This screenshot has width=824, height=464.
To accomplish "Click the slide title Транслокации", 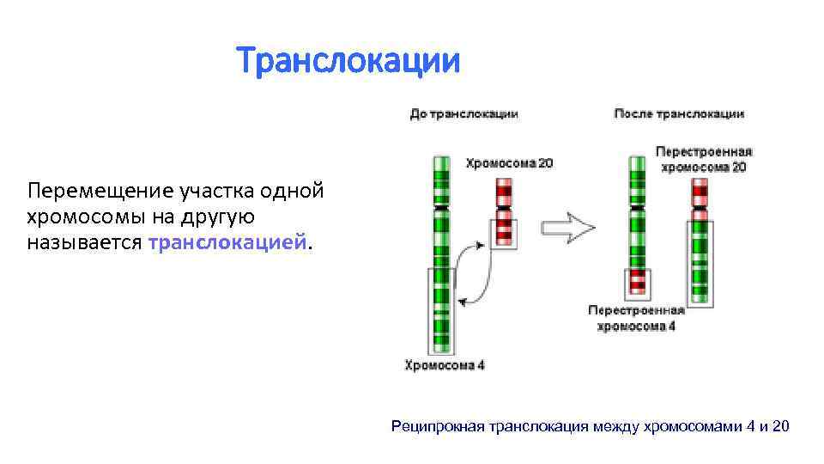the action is pyautogui.click(x=348, y=61).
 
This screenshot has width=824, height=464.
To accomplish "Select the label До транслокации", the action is pyautogui.click(x=463, y=113).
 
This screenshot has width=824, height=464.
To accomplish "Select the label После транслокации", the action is pyautogui.click(x=679, y=113).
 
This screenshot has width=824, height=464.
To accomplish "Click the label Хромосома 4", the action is pyautogui.click(x=445, y=364).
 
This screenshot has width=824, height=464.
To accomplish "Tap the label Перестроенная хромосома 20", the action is pyautogui.click(x=704, y=159).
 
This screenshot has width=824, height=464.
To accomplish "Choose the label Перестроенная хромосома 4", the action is pyautogui.click(x=636, y=318).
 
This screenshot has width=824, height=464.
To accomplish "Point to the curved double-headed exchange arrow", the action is pyautogui.click(x=474, y=273).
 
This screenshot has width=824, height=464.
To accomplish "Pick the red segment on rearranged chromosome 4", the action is pyautogui.click(x=636, y=281).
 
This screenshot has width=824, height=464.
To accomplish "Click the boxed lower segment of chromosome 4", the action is pyautogui.click(x=440, y=309).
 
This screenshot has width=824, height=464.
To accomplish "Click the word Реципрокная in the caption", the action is pyautogui.click(x=438, y=426).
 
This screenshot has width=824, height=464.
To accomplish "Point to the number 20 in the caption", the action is pyautogui.click(x=780, y=426).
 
